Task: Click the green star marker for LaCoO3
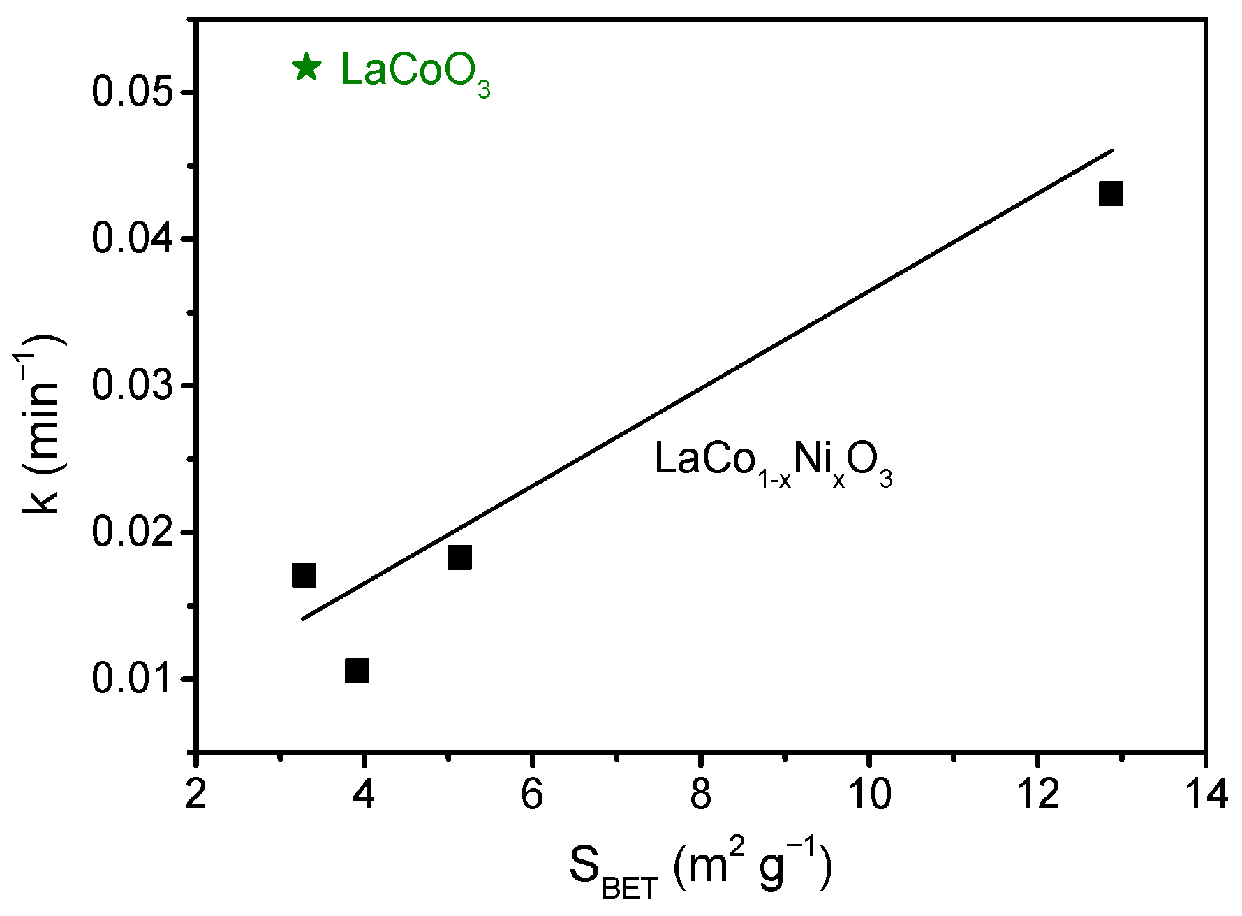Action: coord(306,68)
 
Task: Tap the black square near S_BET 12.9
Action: coord(1111,194)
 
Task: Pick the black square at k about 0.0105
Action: coord(357,670)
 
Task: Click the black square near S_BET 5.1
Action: coord(459,557)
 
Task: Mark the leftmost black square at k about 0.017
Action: coord(304,575)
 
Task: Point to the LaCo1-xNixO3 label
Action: coord(773,462)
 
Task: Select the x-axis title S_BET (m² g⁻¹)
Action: coord(700,871)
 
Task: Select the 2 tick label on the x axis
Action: coord(196,794)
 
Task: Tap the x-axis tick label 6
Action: coord(532,794)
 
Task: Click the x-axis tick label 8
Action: coord(700,794)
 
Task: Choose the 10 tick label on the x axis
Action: coord(868,794)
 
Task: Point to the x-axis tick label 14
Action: coord(1204,794)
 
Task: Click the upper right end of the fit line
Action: coord(1111,150)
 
